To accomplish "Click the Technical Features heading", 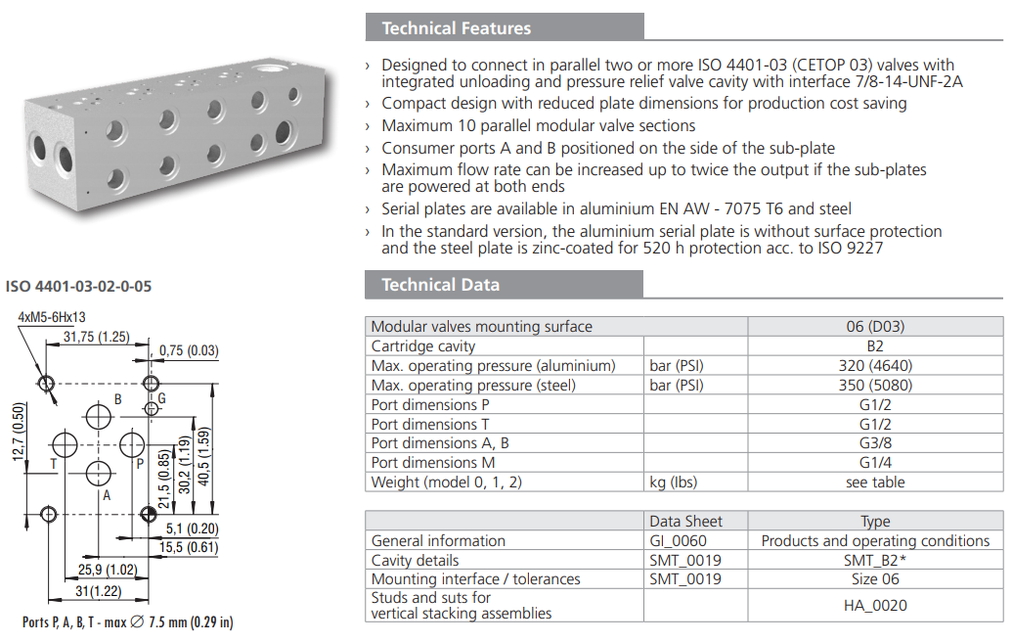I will click(457, 27).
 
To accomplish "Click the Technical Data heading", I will click(440, 285).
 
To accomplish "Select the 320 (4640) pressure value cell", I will click(875, 366).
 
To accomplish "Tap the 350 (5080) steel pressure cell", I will click(875, 386).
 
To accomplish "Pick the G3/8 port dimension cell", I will click(875, 443).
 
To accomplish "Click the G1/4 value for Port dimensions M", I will click(875, 463).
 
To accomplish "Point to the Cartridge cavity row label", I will click(423, 346).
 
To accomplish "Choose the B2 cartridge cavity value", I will click(875, 346).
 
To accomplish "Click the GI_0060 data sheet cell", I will click(678, 540).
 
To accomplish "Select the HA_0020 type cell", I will click(875, 605).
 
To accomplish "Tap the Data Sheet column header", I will click(685, 522).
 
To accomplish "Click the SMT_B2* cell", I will click(875, 560).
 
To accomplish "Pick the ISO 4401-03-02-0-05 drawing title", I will click(78, 287).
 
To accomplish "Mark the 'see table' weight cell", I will click(875, 482).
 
